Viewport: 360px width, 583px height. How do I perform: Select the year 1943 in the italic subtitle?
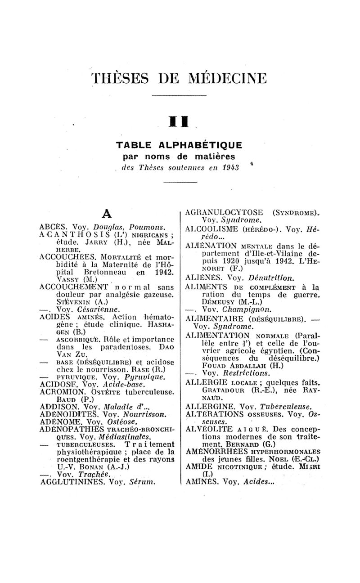pyautogui.click(x=229, y=168)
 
